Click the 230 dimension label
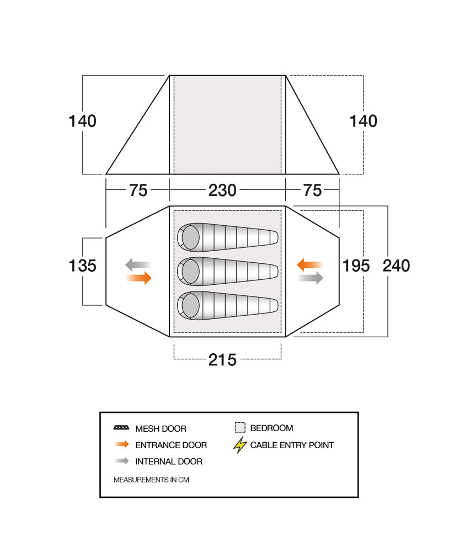coord(222,190)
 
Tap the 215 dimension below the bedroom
coord(222,359)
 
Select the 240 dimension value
coord(397,266)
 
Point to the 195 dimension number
coord(356,266)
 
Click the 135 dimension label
coord(83,266)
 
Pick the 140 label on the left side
coord(83,121)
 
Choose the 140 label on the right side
coord(364,121)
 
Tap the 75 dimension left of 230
coord(138,190)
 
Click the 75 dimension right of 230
coord(313,190)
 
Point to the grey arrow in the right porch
coord(311,278)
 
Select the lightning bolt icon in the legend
coord(239,445)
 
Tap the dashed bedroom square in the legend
coord(240,428)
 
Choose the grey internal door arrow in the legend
coord(121,461)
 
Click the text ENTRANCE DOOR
coord(171,445)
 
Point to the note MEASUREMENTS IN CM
coord(151,480)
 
